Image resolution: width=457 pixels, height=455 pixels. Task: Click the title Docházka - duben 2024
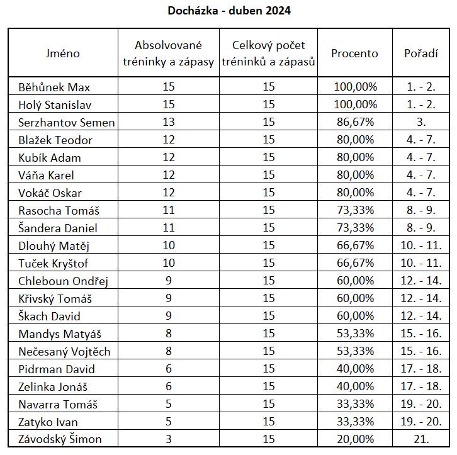(230, 11)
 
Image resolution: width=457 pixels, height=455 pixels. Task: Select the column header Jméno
(63, 53)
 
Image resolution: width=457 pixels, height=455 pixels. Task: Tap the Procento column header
(355, 53)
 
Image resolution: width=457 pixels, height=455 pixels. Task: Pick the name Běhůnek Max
(59, 87)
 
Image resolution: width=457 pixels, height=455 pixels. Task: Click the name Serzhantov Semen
(67, 122)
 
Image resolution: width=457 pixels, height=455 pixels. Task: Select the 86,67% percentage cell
(355, 122)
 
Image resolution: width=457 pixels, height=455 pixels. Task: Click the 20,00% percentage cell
(355, 439)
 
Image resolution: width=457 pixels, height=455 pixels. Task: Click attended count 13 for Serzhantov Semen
(168, 122)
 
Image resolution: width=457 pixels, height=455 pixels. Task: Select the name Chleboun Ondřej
(64, 281)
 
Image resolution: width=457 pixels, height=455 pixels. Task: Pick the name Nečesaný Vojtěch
(64, 351)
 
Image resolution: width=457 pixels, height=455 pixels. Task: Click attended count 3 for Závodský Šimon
(168, 439)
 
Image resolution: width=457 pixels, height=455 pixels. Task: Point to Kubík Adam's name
(50, 157)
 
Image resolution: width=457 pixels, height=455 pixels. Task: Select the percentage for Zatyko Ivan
(355, 422)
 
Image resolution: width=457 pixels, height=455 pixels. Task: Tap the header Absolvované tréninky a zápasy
(168, 53)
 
